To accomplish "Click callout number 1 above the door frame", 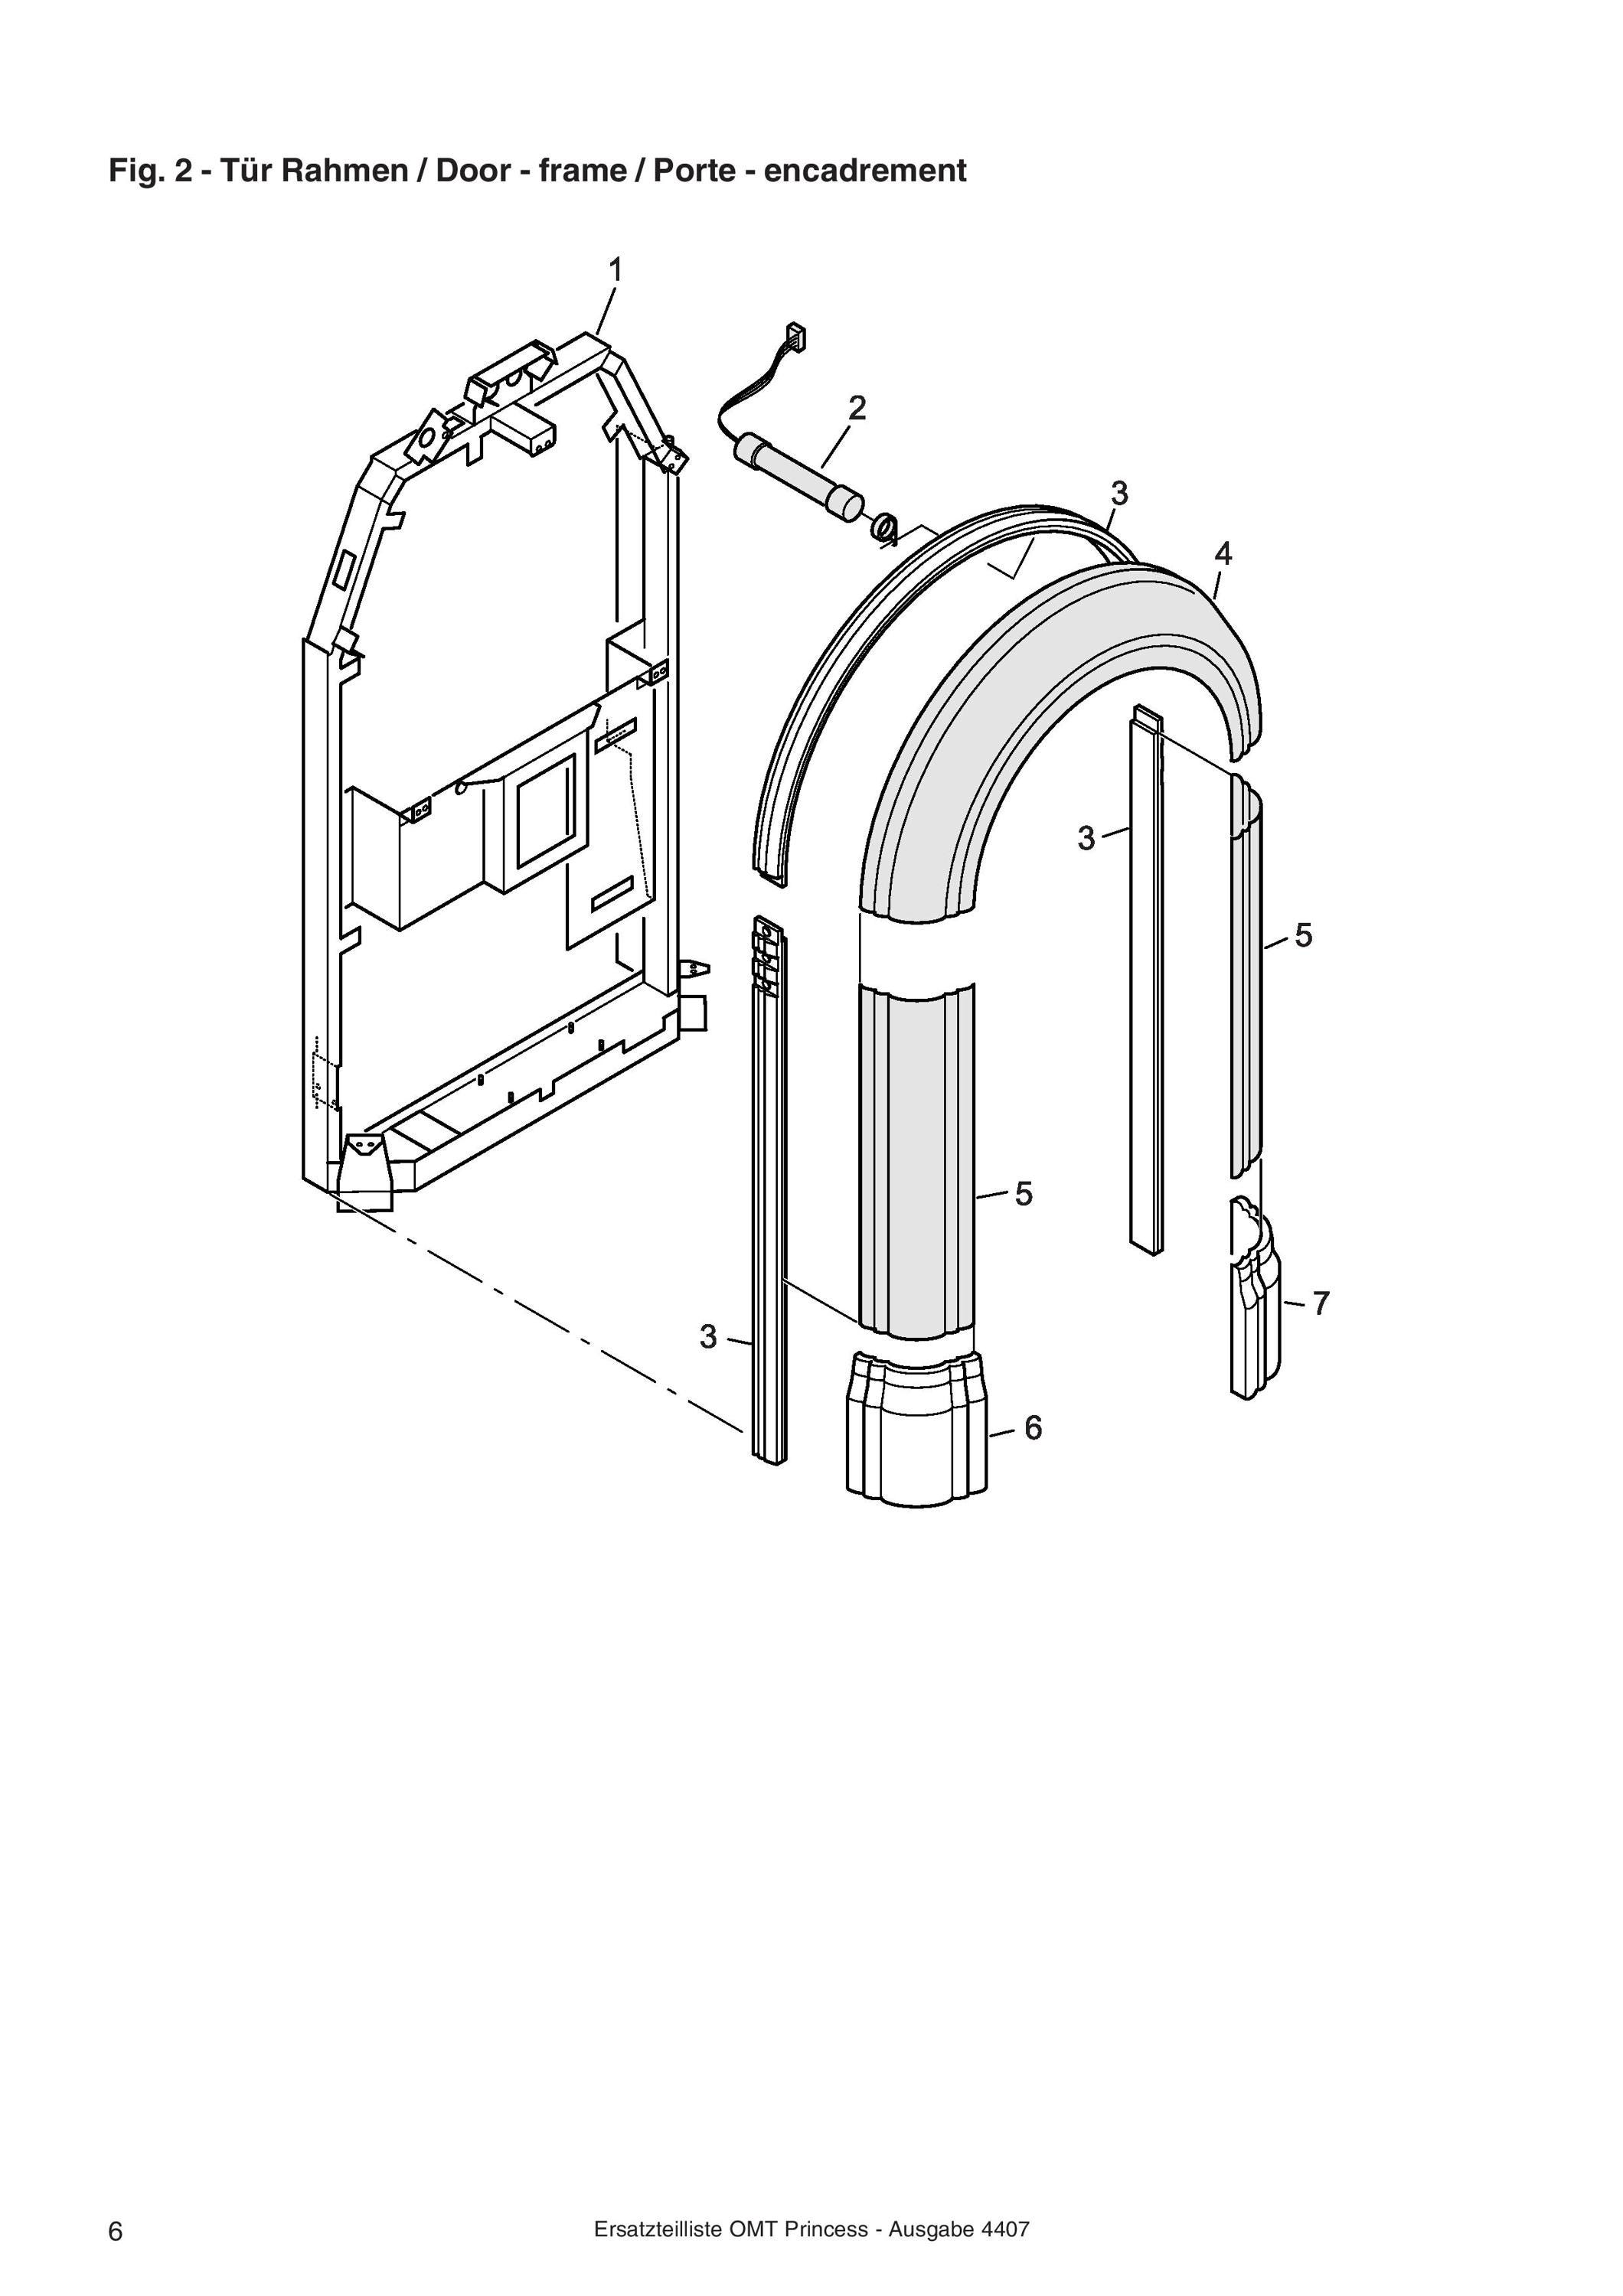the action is click(616, 270).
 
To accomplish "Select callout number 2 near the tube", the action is click(857, 408).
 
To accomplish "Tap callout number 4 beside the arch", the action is click(1223, 553).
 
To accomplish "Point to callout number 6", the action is click(1033, 1428).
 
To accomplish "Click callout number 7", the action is click(1321, 1303).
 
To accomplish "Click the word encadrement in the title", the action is click(865, 171).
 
